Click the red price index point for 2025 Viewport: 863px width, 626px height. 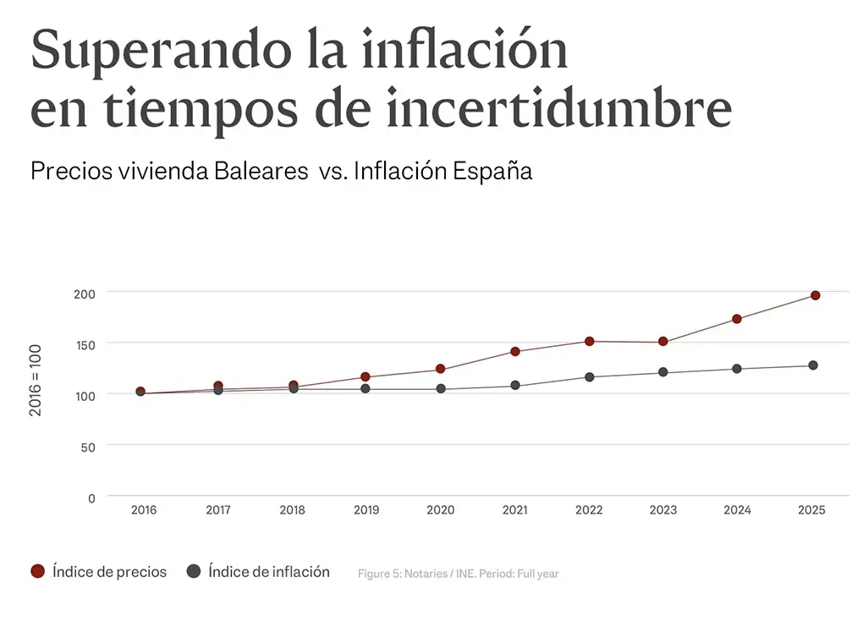pos(815,295)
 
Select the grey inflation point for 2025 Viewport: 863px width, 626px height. pos(812,365)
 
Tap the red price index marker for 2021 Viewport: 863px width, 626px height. pos(515,351)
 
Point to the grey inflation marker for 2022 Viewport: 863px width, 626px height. pos(589,376)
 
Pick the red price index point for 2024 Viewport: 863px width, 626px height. pos(737,319)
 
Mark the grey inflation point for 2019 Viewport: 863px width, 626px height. pos(366,388)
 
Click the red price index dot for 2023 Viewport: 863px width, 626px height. pos(662,342)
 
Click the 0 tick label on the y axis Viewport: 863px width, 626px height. pos(91,498)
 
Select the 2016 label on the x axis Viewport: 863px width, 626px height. pos(143,510)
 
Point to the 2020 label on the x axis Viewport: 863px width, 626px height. pos(440,510)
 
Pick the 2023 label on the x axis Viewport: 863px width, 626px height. pos(662,510)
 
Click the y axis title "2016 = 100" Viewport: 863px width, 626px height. pos(36,379)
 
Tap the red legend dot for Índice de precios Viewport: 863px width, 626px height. pos(37,571)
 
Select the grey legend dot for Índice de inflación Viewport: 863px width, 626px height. pos(193,571)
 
